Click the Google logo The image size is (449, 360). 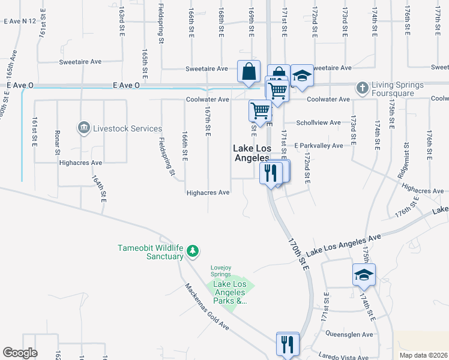pyautogui.click(x=20, y=353)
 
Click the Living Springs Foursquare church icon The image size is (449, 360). pyautogui.click(x=361, y=88)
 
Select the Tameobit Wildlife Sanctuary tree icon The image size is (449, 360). pyautogui.click(x=193, y=250)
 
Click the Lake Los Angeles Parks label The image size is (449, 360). pyautogui.click(x=231, y=292)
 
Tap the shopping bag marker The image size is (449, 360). pyautogui.click(x=249, y=72)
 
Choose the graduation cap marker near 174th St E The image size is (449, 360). pyautogui.click(x=364, y=275)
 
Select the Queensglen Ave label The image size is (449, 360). pyautogui.click(x=349, y=334)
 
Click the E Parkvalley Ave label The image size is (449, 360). pyautogui.click(x=318, y=145)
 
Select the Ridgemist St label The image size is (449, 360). pyautogui.click(x=403, y=161)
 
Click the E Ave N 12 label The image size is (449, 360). pyautogui.click(x=20, y=21)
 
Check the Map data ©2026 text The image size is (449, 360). pyautogui.click(x=423, y=355)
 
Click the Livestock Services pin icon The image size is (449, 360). pyautogui.click(x=83, y=128)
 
